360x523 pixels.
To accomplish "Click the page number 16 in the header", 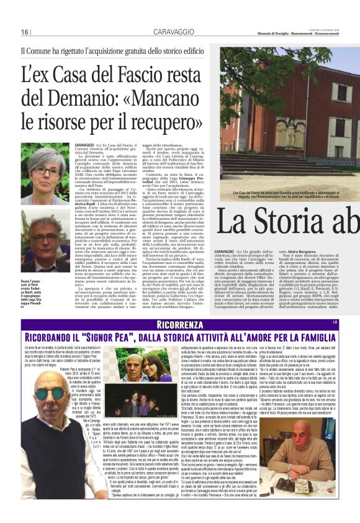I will coord(24,32).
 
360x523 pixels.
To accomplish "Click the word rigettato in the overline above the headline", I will coord(82,51).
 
